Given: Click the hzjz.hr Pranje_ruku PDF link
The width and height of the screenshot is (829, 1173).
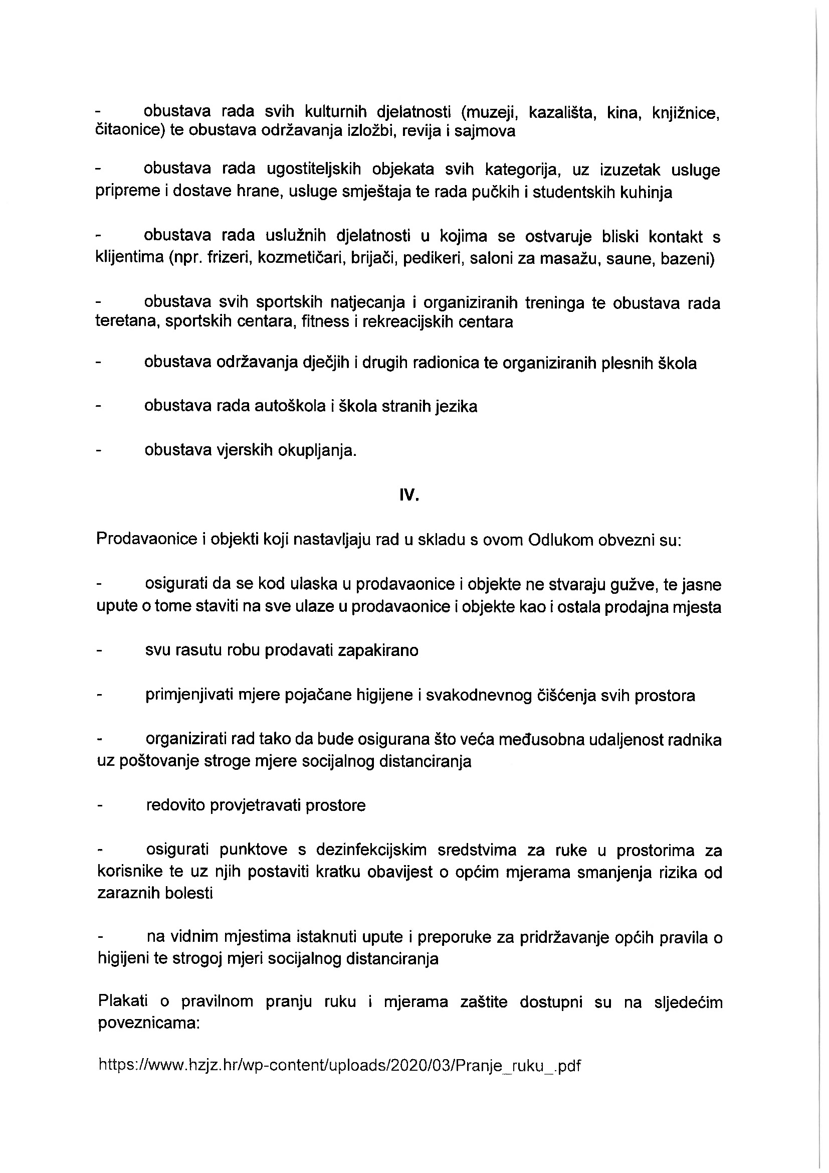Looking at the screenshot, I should pyautogui.click(x=339, y=1065).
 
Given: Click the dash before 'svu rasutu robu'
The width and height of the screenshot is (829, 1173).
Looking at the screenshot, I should pyautogui.click(x=100, y=651).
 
